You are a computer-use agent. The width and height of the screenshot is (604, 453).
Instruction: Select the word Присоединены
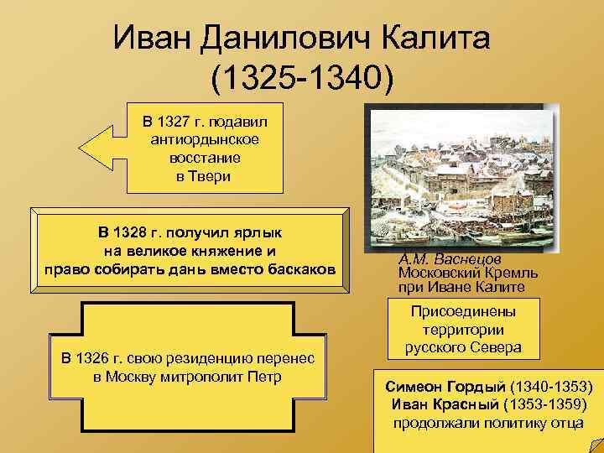[463, 312]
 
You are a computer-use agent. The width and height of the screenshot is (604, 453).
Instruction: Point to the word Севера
[495, 347]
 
